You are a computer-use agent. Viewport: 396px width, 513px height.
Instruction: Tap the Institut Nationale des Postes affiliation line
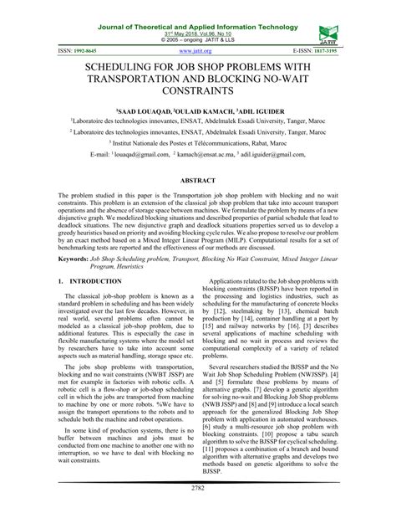point(198,143)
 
